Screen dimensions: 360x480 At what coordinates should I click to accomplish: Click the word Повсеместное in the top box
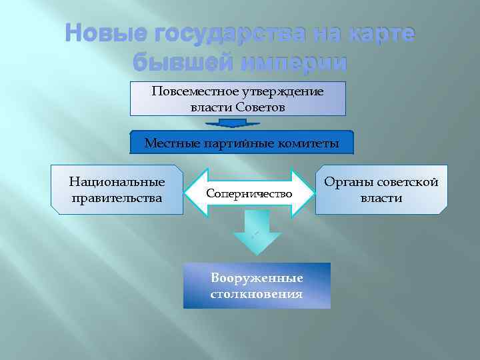tap(193, 91)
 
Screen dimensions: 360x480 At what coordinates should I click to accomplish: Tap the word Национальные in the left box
tap(117, 182)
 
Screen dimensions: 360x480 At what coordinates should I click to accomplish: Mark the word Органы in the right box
tap(347, 182)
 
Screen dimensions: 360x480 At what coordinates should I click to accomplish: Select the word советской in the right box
tap(407, 182)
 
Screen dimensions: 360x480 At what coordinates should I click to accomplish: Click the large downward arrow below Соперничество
tap(257, 233)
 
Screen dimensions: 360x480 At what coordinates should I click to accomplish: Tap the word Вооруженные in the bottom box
tap(257, 278)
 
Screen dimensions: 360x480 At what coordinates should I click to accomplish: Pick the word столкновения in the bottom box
tap(257, 293)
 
